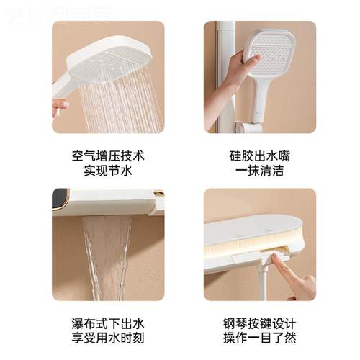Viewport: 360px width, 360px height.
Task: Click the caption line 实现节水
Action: pos(108,171)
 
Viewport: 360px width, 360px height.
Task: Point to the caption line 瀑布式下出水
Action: pos(108,321)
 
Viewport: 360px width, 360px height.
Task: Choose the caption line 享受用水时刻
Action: pos(108,338)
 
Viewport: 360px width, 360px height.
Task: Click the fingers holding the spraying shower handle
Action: pos(59,106)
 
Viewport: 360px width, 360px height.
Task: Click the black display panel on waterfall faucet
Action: pos(60,199)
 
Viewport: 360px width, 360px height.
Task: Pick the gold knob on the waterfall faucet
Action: pos(158,194)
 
